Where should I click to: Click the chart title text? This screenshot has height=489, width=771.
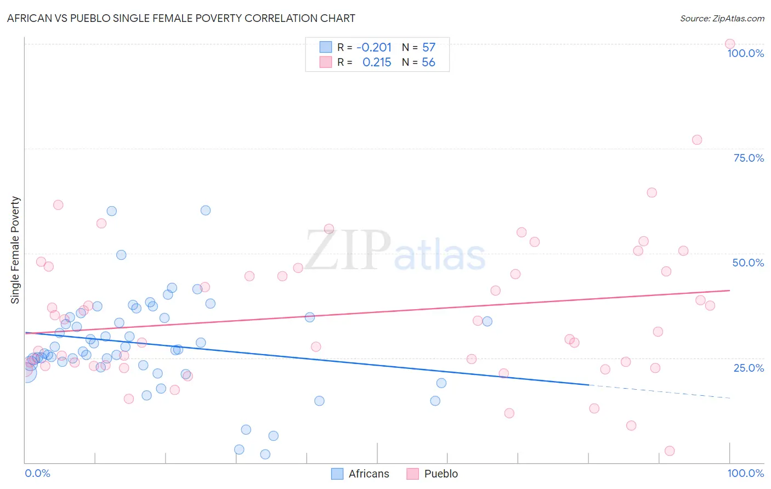click(181, 18)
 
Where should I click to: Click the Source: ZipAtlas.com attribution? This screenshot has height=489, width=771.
click(722, 18)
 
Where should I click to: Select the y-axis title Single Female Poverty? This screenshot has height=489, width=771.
click(15, 250)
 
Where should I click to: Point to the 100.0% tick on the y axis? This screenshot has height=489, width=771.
click(745, 53)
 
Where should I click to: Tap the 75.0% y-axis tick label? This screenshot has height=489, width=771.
click(749, 158)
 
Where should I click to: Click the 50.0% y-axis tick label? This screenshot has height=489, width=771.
click(748, 263)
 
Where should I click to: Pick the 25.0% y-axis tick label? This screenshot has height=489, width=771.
click(749, 367)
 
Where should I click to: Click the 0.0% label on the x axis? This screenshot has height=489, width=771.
click(37, 473)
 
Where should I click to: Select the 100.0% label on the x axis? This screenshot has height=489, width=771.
click(745, 473)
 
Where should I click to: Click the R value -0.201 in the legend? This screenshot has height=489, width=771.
click(374, 48)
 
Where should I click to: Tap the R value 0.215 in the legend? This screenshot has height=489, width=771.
click(377, 62)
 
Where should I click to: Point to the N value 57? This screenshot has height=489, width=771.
click(429, 48)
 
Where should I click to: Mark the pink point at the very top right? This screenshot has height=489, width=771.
click(730, 44)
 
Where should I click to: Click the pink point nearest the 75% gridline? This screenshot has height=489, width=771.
click(697, 140)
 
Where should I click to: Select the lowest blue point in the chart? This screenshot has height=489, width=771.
click(265, 454)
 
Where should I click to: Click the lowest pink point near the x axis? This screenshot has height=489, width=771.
click(670, 451)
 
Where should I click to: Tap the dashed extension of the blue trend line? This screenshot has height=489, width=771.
click(658, 391)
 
